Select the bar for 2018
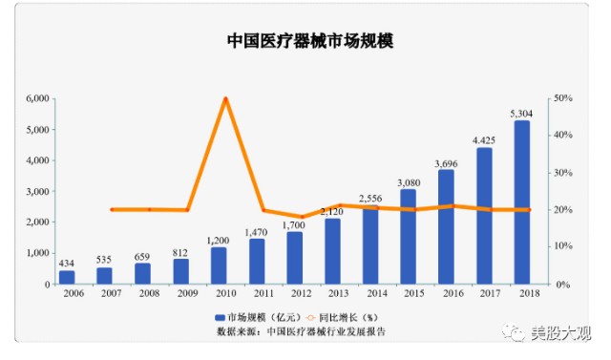pos(521,202)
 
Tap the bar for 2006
pos(67,278)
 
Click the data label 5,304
pos(521,114)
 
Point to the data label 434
pos(67,263)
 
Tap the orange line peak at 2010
pos(225,98)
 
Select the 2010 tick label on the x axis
pos(225,296)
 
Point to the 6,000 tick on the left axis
pos(37,98)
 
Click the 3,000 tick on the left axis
pos(37,192)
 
